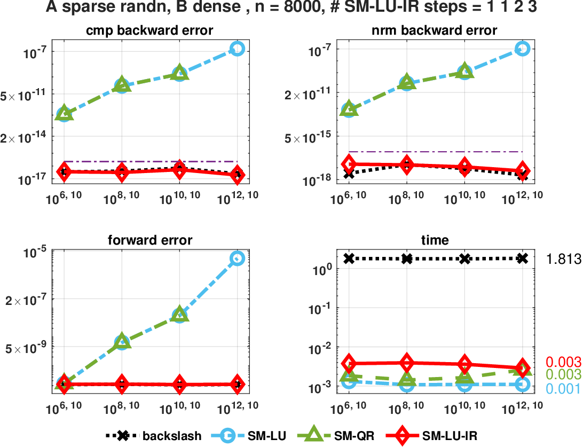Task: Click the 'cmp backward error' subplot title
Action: [150, 30]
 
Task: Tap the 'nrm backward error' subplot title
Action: [435, 30]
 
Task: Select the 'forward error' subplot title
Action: [150, 240]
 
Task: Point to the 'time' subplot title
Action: [435, 240]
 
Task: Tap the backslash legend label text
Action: [172, 436]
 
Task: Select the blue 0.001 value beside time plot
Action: [563, 388]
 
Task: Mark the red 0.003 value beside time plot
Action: [563, 362]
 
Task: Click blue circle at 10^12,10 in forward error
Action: [237, 258]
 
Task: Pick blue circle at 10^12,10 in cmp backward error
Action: [237, 49]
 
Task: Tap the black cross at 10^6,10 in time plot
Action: [349, 258]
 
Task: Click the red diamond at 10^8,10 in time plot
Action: [407, 363]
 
